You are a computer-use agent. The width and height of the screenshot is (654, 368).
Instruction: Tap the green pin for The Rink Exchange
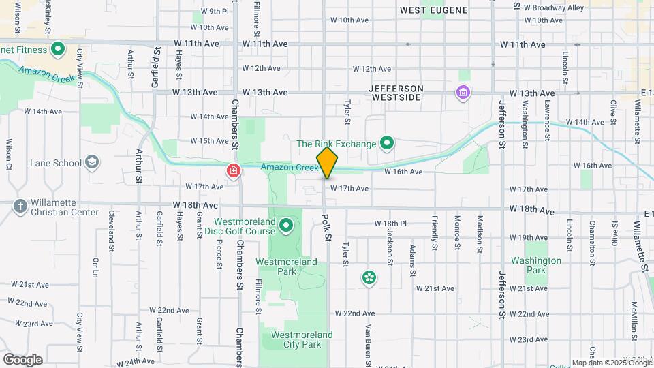(x=387, y=143)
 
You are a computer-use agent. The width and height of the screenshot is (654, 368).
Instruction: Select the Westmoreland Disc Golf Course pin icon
(x=286, y=225)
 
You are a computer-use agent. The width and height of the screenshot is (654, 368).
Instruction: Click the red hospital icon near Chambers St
(x=234, y=170)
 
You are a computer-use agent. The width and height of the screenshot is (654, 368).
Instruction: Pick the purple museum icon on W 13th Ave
(x=463, y=92)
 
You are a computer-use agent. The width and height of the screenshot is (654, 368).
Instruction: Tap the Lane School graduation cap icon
(x=92, y=163)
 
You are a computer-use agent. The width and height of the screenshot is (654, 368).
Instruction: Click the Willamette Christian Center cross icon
(x=20, y=206)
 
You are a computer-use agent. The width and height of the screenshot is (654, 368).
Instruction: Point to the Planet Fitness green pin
(x=58, y=49)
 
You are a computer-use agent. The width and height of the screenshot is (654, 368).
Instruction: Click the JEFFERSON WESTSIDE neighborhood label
(x=396, y=93)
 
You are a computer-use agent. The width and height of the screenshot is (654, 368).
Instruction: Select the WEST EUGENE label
(x=434, y=10)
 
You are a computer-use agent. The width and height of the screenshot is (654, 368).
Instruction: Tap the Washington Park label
(x=536, y=265)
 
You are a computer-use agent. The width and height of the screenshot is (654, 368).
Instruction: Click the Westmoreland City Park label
(x=302, y=339)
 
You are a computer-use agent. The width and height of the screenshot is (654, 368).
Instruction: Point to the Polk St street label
(x=327, y=228)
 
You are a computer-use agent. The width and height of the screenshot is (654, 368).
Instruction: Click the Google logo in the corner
(x=22, y=359)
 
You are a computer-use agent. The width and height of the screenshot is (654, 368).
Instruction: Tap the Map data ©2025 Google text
(x=611, y=363)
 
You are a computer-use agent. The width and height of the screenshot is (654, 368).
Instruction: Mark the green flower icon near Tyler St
(x=369, y=277)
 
